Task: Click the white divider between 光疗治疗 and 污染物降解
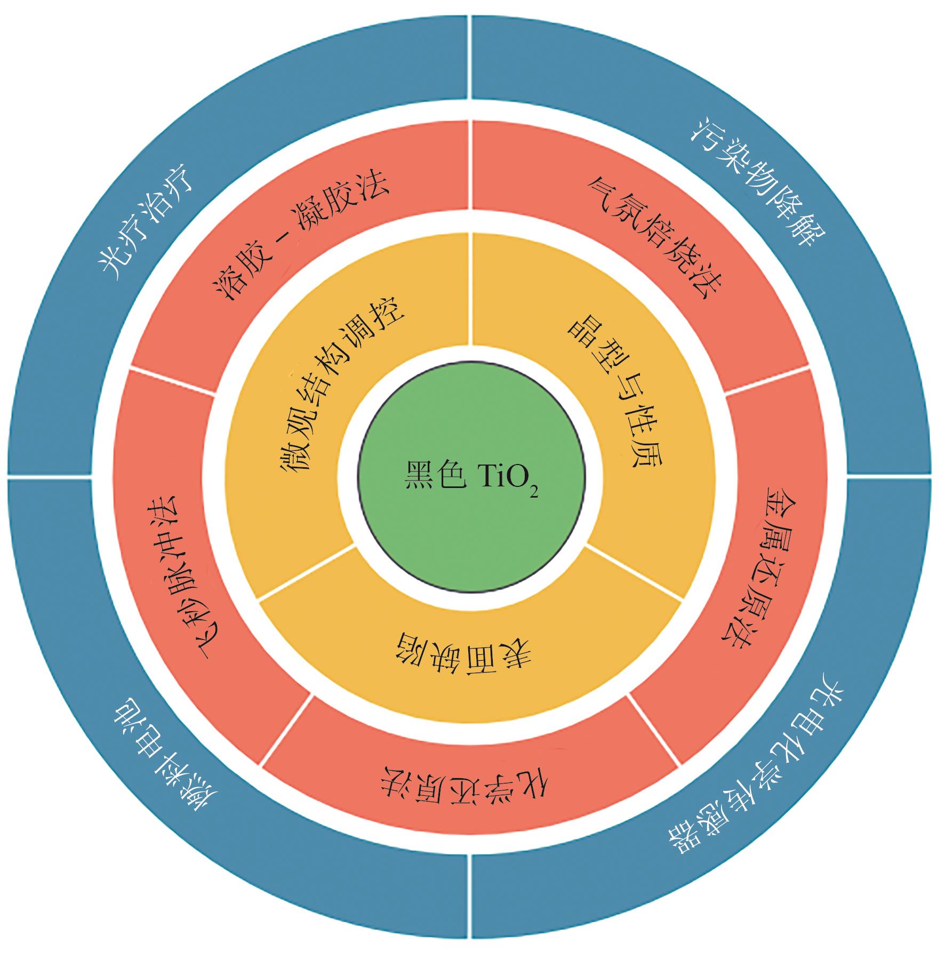point(470,56)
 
